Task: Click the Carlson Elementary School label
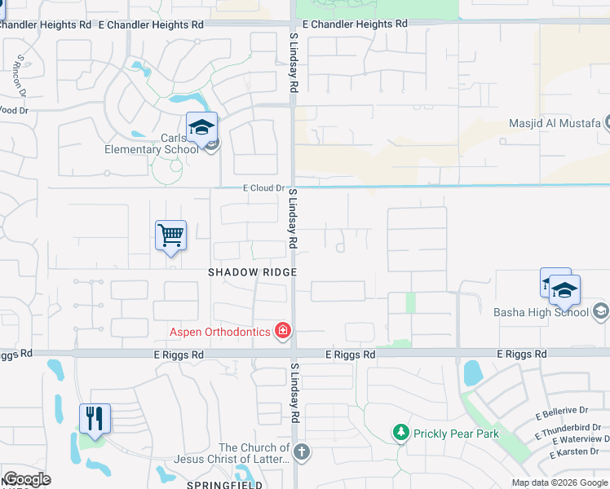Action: click(152, 143)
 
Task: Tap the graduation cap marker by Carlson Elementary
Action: click(201, 128)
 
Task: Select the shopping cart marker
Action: click(171, 236)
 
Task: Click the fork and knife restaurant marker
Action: click(95, 419)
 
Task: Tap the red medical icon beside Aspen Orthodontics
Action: click(283, 330)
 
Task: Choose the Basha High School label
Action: click(541, 312)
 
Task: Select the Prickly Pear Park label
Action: click(455, 434)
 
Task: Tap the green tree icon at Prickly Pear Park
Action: click(400, 432)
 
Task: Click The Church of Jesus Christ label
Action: click(254, 453)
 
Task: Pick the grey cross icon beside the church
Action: click(302, 452)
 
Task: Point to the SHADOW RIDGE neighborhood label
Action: click(252, 272)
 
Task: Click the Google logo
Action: click(27, 479)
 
